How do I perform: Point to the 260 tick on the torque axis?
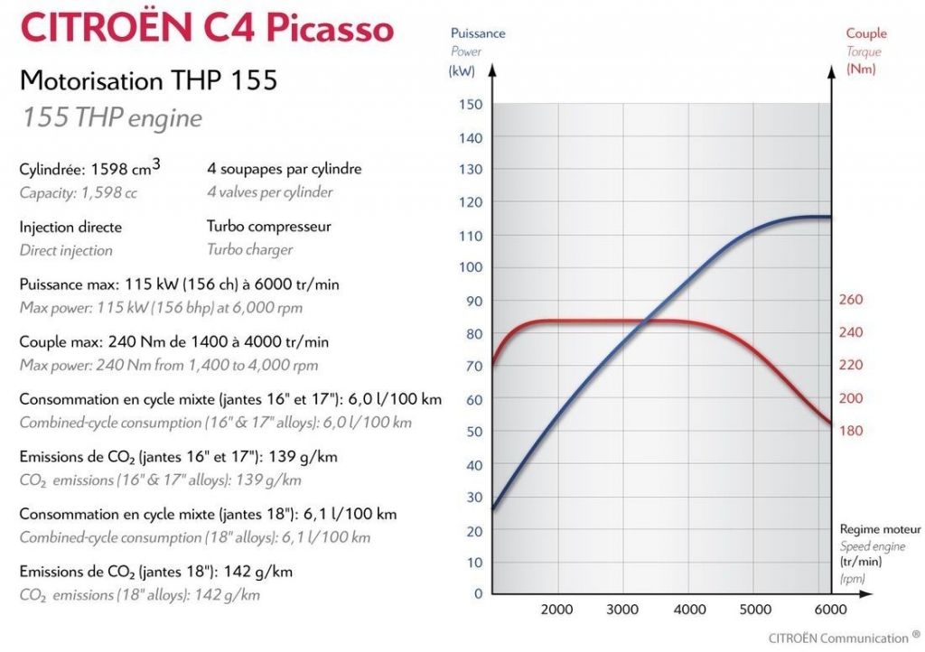pos(852,300)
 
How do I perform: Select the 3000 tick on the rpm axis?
pos(622,609)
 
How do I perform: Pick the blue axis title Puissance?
pos(478,33)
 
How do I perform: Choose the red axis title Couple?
pos(866,33)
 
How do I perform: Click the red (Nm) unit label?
pos(861,70)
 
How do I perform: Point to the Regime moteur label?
pos(880,529)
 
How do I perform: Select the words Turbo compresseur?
pos(269,227)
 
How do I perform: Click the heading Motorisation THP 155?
pos(148,80)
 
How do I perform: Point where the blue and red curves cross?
pos(643,321)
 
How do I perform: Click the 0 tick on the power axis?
pos(478,594)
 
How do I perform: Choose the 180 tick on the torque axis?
pos(852,431)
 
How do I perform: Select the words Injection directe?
pos(70,227)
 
